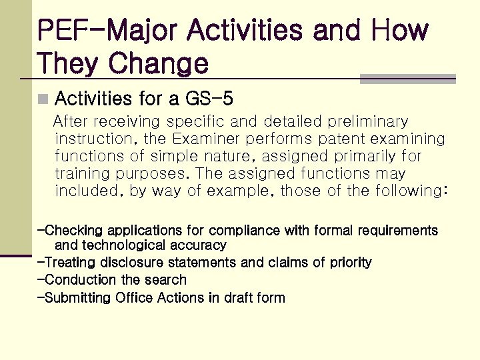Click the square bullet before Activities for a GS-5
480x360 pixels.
(x=43, y=100)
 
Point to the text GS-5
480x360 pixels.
(x=209, y=100)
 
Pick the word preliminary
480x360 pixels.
(x=365, y=122)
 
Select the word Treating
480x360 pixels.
(x=69, y=263)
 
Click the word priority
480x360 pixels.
(x=351, y=263)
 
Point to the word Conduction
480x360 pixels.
(x=77, y=280)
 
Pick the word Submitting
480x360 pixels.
(x=77, y=297)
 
